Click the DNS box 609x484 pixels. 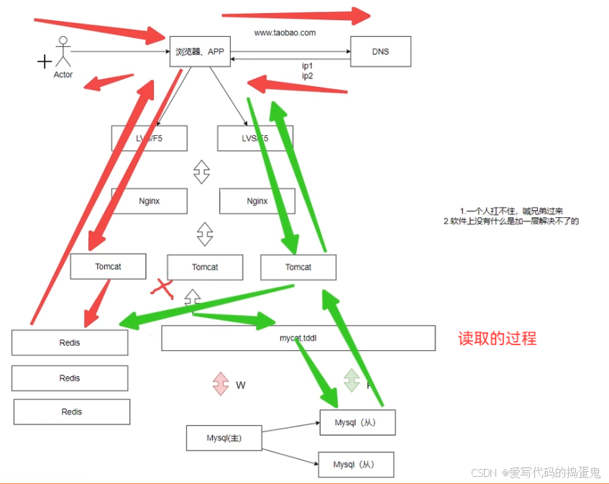pyautogui.click(x=380, y=52)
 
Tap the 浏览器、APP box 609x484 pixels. pyautogui.click(x=200, y=52)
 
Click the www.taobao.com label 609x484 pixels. pyautogui.click(x=285, y=32)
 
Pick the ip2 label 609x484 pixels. pyautogui.click(x=307, y=76)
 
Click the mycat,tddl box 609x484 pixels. pyautogui.click(x=298, y=338)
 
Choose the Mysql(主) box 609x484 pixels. pyautogui.click(x=224, y=438)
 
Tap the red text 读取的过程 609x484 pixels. pyautogui.click(x=498, y=338)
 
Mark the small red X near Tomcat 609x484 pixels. pyautogui.click(x=163, y=288)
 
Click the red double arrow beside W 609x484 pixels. pyautogui.click(x=221, y=383)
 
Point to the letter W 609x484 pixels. pyautogui.click(x=241, y=385)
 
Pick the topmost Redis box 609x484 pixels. pyautogui.click(x=70, y=342)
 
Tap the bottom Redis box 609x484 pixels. pyautogui.click(x=71, y=411)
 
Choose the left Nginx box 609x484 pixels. pyautogui.click(x=149, y=201)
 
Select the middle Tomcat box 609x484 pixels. pyautogui.click(x=205, y=267)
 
